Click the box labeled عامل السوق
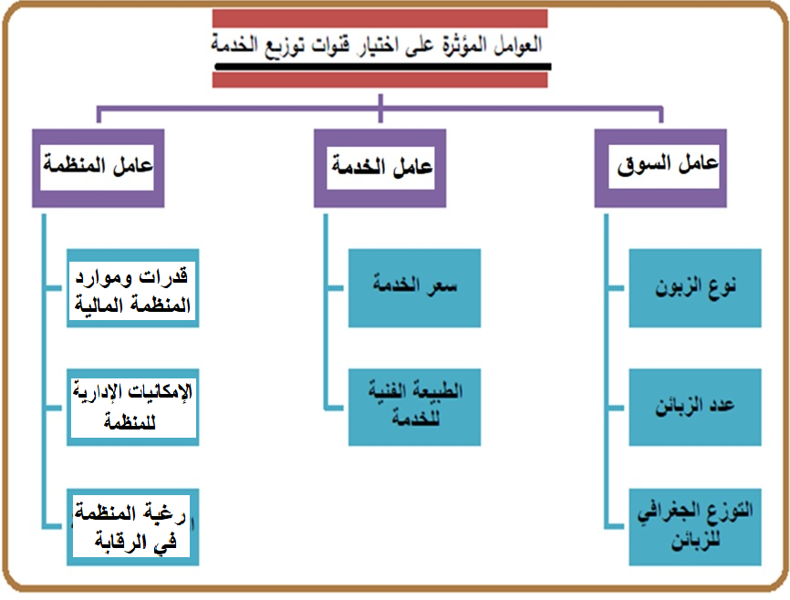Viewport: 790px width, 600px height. [660, 168]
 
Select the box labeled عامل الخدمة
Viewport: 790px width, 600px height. [379, 168]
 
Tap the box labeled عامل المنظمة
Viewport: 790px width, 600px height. [99, 168]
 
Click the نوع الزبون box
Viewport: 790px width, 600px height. [695, 287]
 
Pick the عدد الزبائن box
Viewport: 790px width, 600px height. [695, 407]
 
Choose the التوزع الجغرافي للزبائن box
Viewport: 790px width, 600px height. [695, 527]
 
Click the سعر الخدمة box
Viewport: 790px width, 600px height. [415, 287]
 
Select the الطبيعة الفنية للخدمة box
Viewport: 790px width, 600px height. [415, 407]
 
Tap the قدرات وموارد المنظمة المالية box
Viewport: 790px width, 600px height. [133, 287]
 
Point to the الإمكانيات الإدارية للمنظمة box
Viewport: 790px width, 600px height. [133, 407]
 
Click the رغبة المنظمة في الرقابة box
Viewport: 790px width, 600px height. [133, 527]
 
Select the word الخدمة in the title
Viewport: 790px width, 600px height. [234, 45]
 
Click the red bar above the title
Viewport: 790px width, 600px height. [379, 18]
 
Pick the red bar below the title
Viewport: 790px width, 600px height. [379, 79]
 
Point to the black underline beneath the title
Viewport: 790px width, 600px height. [383, 67]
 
